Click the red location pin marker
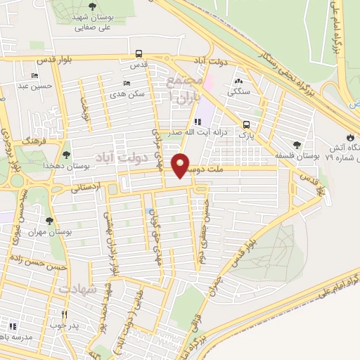pos(181,165)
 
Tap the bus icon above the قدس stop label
pos(139,53)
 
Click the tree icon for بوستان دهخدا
pos(66,154)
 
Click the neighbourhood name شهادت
pos(77,289)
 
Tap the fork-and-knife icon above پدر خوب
pos(63,314)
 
